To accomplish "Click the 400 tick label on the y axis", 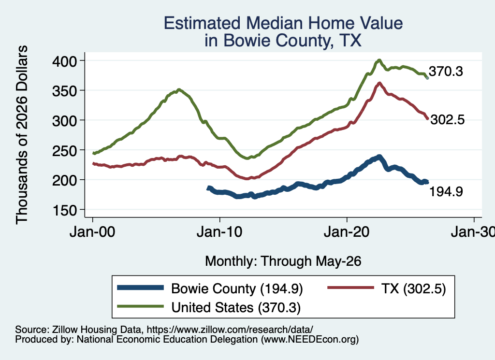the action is [64, 61].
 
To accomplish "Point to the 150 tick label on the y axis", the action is [64, 211].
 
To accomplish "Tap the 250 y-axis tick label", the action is [64, 150].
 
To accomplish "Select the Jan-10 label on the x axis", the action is [219, 232].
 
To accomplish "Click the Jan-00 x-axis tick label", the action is [92, 232].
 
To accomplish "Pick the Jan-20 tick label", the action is [347, 232].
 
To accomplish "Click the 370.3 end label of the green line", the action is [446, 72].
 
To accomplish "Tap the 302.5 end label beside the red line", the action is [447, 120].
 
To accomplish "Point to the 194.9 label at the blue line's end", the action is [446, 191].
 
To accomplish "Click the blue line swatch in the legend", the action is [141, 288].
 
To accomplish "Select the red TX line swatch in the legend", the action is [350, 288].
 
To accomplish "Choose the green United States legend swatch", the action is [141, 306].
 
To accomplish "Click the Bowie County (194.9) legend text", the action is [237, 288].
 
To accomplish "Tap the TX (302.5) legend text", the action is [414, 288].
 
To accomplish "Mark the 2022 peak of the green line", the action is [379, 60].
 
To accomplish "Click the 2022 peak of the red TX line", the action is [379, 84].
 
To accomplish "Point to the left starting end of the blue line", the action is [208, 188].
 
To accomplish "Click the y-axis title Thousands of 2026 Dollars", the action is [22, 135].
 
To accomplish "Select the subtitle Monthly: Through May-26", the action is [283, 261].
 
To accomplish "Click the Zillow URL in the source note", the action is [230, 330].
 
